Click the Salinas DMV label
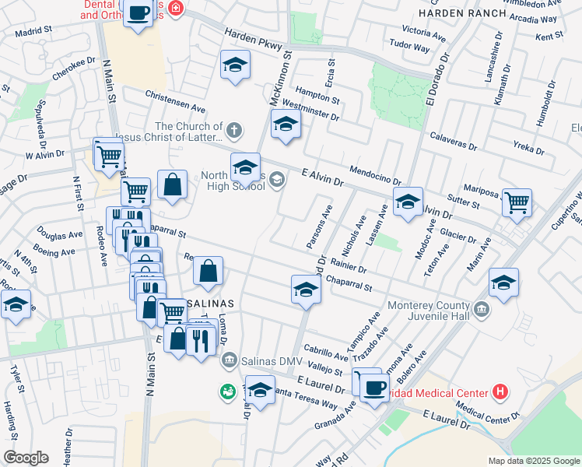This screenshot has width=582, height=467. click(x=268, y=358)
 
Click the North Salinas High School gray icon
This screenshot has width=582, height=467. click(x=277, y=181)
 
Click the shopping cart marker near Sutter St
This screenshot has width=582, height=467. click(x=517, y=202)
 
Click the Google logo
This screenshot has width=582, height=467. click(x=26, y=457)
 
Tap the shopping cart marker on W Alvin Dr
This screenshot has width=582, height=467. click(x=108, y=153)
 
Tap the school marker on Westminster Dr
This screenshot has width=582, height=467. click(x=286, y=124)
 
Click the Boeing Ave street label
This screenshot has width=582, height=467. click(x=54, y=251)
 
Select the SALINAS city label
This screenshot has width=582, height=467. click(x=211, y=301)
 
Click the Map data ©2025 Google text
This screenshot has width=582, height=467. click(x=533, y=461)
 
